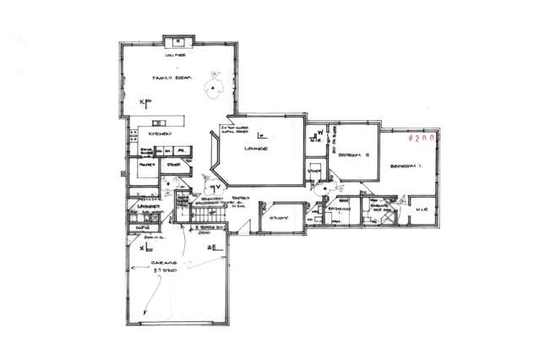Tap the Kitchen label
[x=161, y=134]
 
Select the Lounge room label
[x=257, y=148]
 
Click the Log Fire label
[x=180, y=55]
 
